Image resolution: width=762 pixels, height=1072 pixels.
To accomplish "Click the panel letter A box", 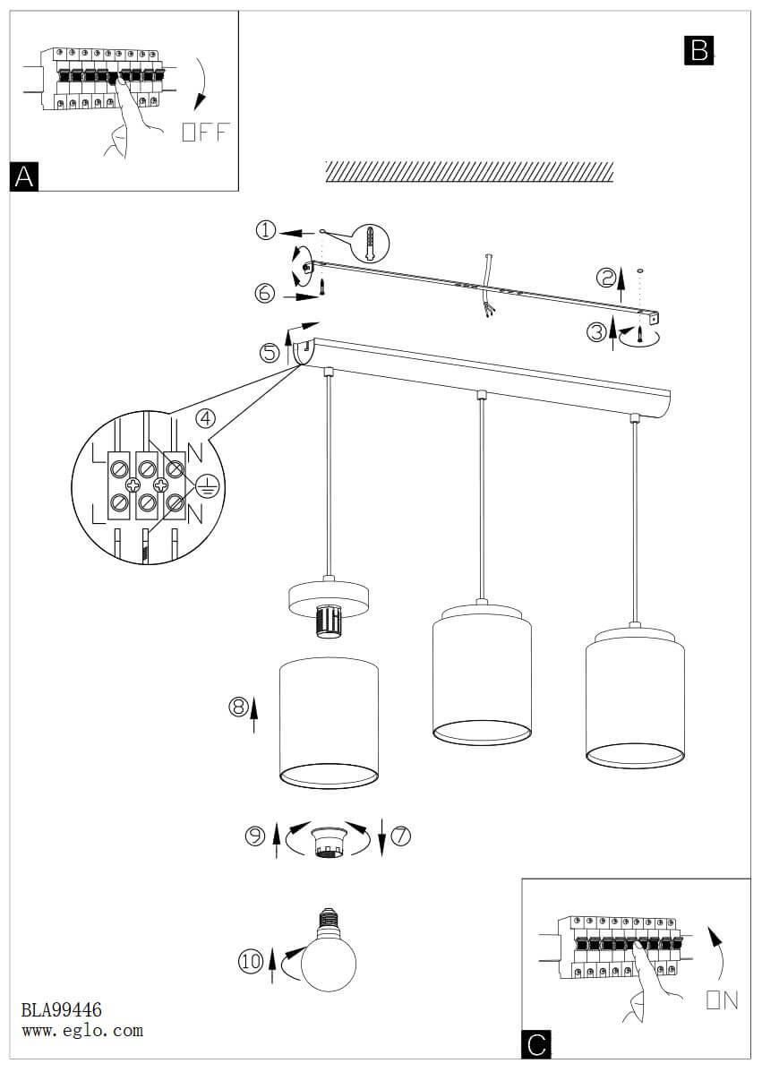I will tap(24, 176).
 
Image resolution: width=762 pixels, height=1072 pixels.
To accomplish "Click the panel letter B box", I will tap(698, 50).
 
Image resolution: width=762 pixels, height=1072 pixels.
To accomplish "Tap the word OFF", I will tap(205, 133).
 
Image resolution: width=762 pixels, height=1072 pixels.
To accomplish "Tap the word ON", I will tap(723, 1000).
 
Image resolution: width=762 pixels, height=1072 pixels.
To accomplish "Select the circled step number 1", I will tap(266, 230).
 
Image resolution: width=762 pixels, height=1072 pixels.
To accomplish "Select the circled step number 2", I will tap(607, 279).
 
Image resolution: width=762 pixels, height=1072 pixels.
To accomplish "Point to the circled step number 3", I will tap(597, 332).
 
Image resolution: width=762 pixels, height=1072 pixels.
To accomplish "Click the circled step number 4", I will tap(207, 417).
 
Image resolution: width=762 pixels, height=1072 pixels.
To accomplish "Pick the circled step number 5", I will tap(270, 353).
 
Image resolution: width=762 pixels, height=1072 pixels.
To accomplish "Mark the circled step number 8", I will tap(238, 707).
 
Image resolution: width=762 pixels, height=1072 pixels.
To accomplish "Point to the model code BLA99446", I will tap(62, 1012).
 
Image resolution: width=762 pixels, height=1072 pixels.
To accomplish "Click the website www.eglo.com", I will tap(81, 1031).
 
